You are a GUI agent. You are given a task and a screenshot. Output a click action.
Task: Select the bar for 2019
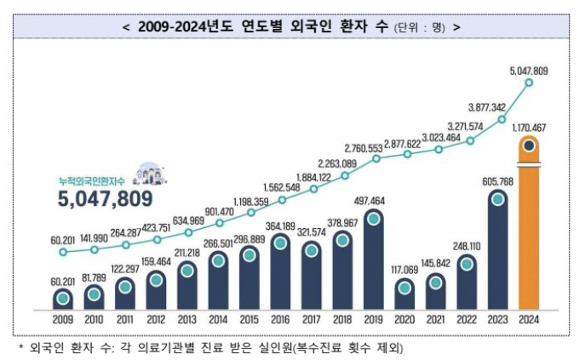(x=374, y=260)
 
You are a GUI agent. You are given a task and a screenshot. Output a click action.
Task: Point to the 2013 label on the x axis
(x=187, y=320)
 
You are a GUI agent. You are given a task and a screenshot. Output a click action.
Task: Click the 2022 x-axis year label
(x=467, y=320)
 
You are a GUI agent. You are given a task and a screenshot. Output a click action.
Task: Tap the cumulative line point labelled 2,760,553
(x=375, y=158)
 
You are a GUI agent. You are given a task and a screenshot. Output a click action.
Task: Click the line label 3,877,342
(x=487, y=107)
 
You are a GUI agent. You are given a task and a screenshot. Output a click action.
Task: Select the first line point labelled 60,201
(x=63, y=252)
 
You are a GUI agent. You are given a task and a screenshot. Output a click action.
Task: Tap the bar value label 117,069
(x=405, y=270)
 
